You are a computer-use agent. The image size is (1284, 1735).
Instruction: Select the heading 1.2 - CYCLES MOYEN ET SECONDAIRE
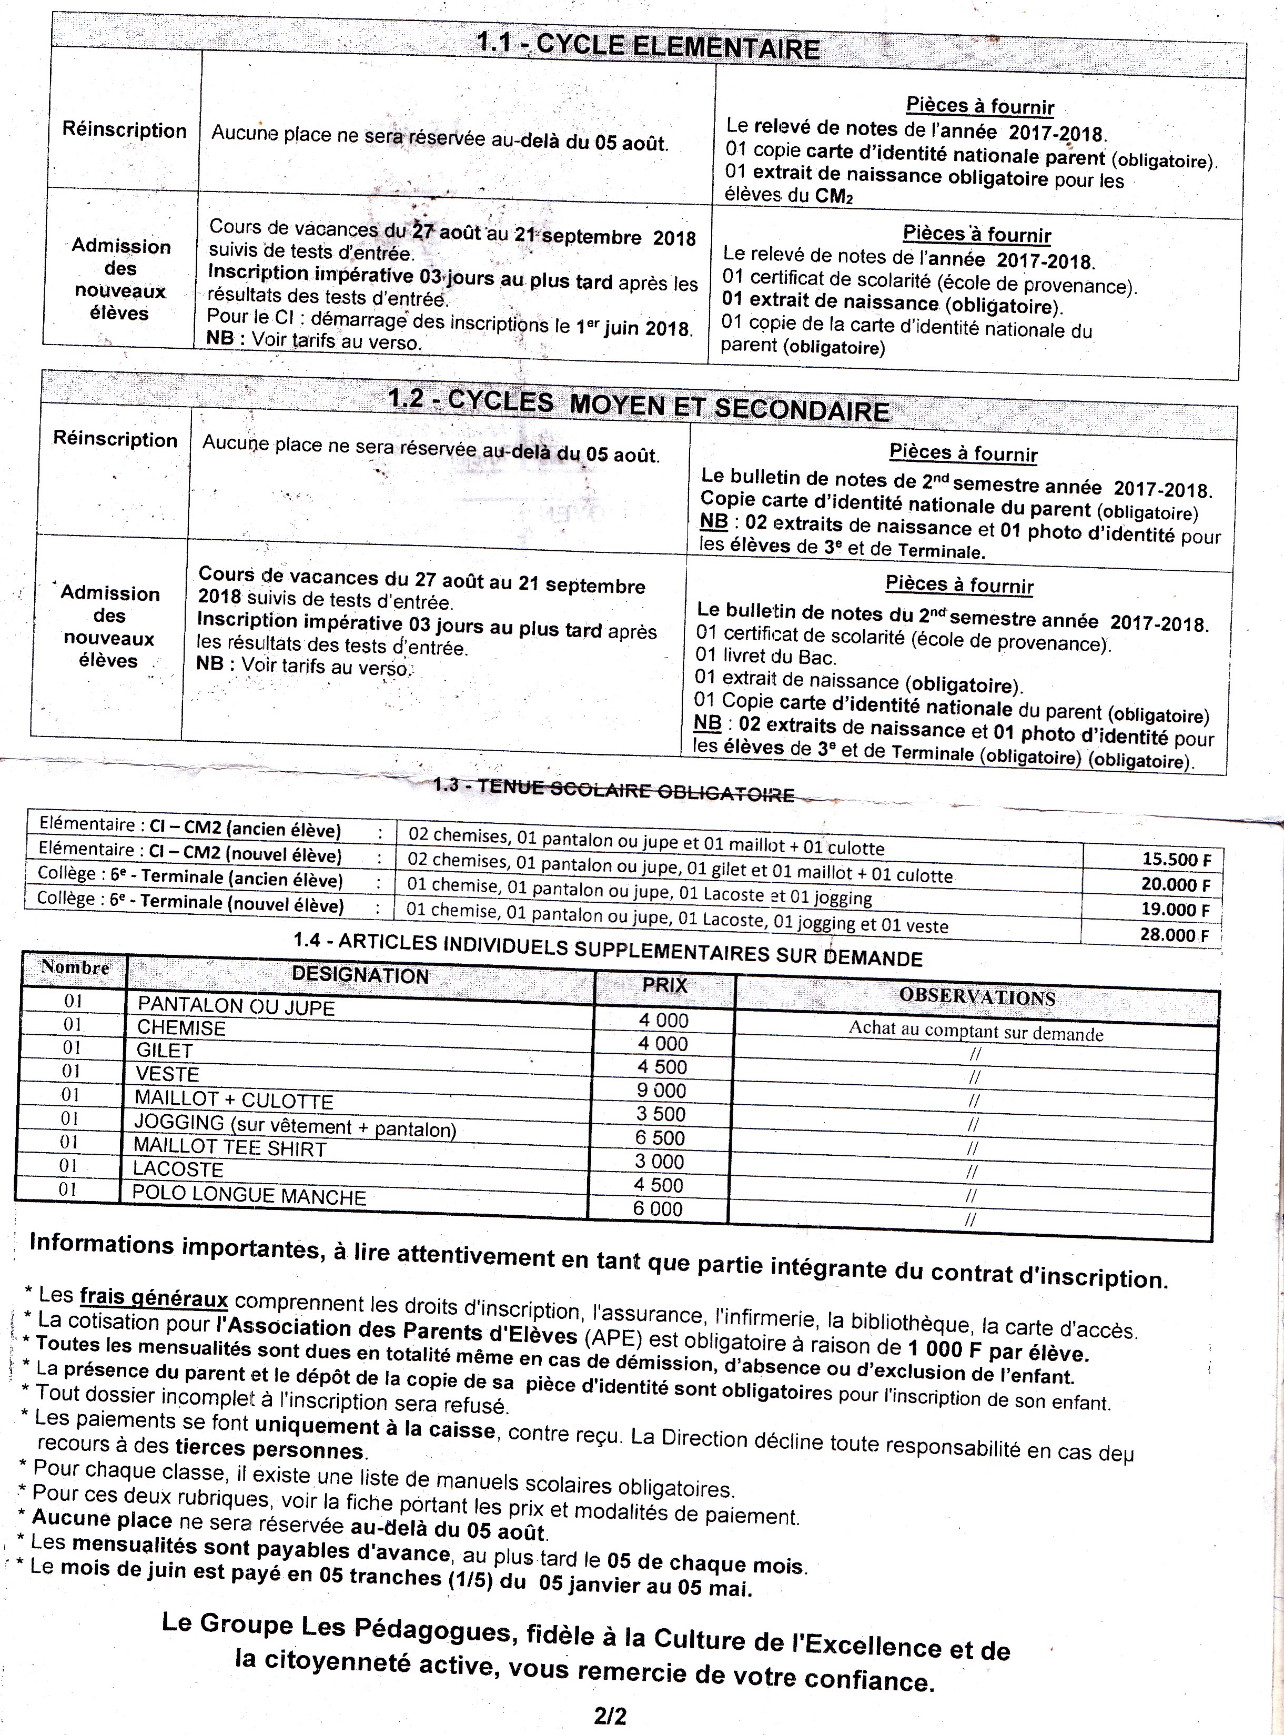(638, 405)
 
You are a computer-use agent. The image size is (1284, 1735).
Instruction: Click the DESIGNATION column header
(360, 975)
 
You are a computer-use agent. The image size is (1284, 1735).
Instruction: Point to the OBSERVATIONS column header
(977, 997)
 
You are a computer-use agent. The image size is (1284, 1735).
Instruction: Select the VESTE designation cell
(168, 1074)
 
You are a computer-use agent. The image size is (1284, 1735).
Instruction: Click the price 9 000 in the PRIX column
(661, 1091)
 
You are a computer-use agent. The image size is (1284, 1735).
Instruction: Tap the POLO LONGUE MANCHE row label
(249, 1196)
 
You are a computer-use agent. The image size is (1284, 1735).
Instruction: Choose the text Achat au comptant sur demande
(975, 1032)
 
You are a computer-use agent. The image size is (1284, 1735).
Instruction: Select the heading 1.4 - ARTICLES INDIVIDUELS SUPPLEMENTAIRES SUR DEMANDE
(607, 949)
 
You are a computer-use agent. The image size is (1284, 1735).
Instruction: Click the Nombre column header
(75, 968)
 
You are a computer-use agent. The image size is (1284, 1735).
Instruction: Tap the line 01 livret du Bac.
(765, 657)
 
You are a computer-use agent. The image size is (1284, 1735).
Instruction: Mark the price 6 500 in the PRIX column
(661, 1138)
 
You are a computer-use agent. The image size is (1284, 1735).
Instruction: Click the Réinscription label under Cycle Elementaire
(124, 130)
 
